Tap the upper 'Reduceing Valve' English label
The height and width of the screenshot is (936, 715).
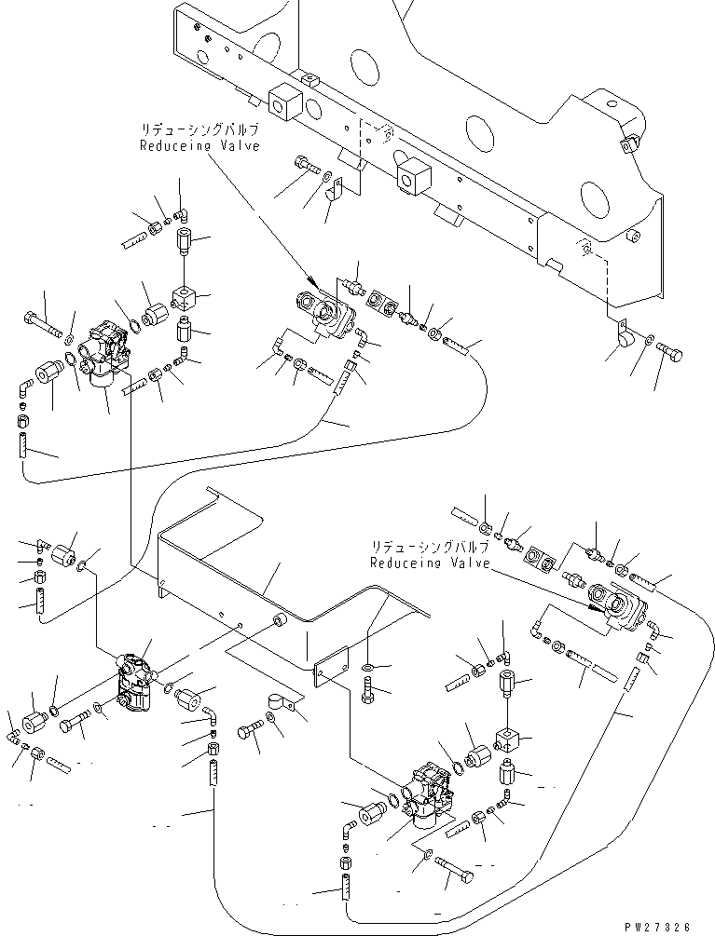coord(199,146)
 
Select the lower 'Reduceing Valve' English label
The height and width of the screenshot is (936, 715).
coord(429,563)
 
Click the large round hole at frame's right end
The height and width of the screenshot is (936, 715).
coord(594,200)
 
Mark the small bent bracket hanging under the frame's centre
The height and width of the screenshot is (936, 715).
coord(335,195)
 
